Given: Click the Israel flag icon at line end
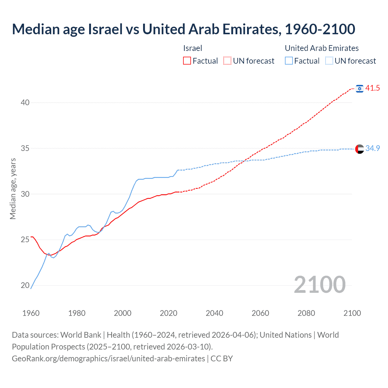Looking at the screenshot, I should pyautogui.click(x=360, y=88).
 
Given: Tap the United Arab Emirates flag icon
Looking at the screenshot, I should pyautogui.click(x=360, y=149).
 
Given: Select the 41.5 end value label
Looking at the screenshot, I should pyautogui.click(x=373, y=88).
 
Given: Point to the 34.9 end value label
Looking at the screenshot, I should pyautogui.click(x=373, y=149).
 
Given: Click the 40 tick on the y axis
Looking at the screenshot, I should pyautogui.click(x=25, y=102).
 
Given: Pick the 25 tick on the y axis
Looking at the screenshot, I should pyautogui.click(x=25, y=240).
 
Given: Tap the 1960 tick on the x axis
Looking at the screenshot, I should pyautogui.click(x=31, y=313).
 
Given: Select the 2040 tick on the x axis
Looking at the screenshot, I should pyautogui.click(x=214, y=313).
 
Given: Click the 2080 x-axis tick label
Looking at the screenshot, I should pyautogui.click(x=306, y=313).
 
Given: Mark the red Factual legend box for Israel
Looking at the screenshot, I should pyautogui.click(x=187, y=61).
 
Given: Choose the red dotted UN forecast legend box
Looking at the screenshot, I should pyautogui.click(x=227, y=61).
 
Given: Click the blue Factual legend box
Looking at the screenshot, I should pyautogui.click(x=289, y=61).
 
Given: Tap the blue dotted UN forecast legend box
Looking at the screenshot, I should pyautogui.click(x=329, y=61).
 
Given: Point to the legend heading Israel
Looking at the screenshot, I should pyautogui.click(x=192, y=48).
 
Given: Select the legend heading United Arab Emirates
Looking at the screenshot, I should pyautogui.click(x=322, y=48).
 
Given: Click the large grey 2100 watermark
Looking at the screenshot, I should pyautogui.click(x=319, y=285).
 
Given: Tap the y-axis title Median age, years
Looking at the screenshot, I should pyautogui.click(x=13, y=189).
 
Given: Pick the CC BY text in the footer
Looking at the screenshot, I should pyautogui.click(x=222, y=359).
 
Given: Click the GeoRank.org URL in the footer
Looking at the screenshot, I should pyautogui.click(x=108, y=359).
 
